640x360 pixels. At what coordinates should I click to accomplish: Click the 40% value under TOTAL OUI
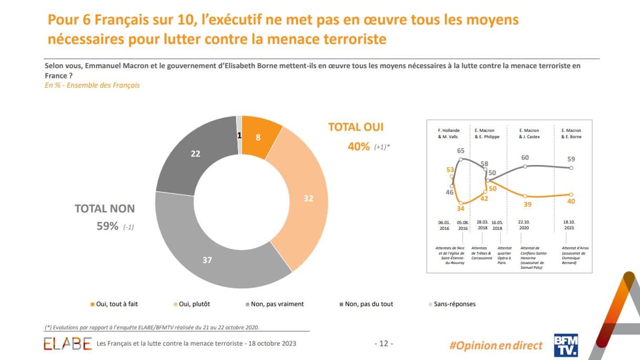click(x=359, y=146)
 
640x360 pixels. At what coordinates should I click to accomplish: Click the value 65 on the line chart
click(x=461, y=151)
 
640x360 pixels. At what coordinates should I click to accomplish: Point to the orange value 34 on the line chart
click(x=461, y=209)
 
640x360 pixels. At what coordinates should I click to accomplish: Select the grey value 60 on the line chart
click(x=525, y=157)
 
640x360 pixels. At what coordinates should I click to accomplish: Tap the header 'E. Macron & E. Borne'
click(x=571, y=133)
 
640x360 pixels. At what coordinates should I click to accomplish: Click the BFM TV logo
click(x=566, y=345)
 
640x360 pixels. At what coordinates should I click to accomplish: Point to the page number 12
click(x=383, y=344)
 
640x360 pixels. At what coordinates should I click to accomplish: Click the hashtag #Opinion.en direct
click(x=496, y=345)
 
